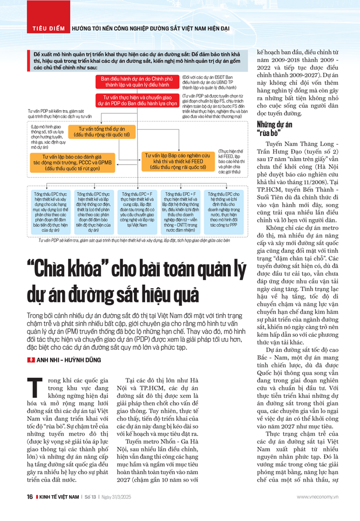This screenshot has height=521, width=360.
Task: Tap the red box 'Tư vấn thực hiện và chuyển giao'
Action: click(x=138, y=99)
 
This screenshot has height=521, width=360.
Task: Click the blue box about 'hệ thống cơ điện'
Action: click(x=93, y=211)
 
